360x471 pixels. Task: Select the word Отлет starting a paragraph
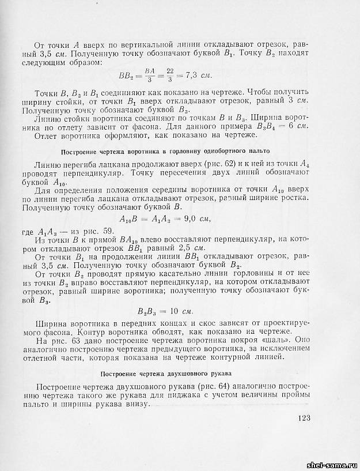coord(49,137)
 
